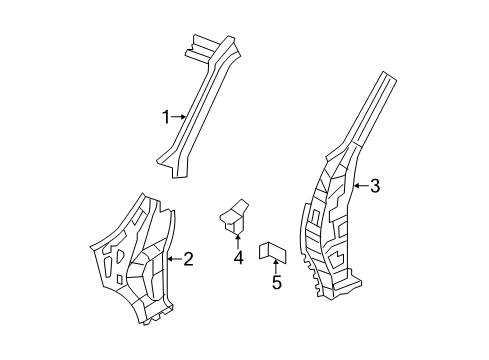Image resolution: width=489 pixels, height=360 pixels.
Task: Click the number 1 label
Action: point(166,117)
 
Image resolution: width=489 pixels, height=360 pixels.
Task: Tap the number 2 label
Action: point(187,260)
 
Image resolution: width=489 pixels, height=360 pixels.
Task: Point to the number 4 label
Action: point(239,259)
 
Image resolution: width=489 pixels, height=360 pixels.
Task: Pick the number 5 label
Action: point(277,283)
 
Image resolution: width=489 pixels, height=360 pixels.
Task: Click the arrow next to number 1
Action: point(178,117)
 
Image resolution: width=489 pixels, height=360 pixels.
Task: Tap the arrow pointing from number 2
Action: point(173,260)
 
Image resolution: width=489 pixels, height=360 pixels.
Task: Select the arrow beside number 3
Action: point(360,184)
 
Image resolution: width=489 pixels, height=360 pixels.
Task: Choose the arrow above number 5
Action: point(277,264)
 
